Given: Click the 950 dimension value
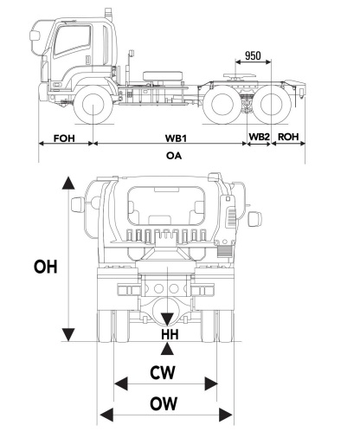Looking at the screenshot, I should (252, 56).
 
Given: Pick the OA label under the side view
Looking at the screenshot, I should (174, 156).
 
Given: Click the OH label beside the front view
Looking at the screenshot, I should (44, 267).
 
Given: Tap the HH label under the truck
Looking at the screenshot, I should (167, 334).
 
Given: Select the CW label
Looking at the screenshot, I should (164, 373).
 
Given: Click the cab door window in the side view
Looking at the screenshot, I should (73, 41).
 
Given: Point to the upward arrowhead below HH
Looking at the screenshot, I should (167, 348).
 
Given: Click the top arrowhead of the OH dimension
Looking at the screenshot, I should (66, 183).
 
